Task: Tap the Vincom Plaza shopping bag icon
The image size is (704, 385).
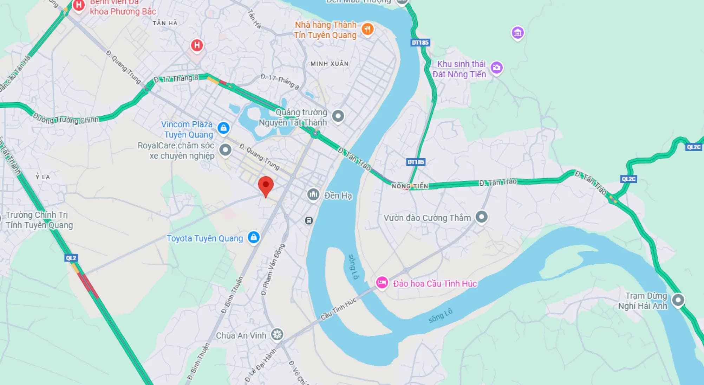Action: [x=223, y=128]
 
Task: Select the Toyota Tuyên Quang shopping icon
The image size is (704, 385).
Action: [x=253, y=237]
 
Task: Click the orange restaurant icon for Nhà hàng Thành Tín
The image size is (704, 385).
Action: [x=367, y=29]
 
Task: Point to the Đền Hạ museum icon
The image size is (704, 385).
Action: [x=313, y=194]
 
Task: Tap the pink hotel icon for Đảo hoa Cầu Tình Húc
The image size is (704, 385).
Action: [x=382, y=282]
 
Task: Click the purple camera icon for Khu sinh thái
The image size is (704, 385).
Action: [x=496, y=67]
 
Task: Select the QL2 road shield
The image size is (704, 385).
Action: [x=71, y=258]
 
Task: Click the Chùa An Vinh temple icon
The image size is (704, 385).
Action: [x=277, y=334]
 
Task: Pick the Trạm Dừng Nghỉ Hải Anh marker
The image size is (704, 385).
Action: [x=678, y=300]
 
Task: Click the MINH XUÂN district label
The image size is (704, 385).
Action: [x=329, y=64]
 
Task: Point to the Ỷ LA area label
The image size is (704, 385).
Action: [x=43, y=177]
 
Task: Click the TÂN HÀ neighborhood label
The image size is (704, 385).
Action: [x=165, y=23]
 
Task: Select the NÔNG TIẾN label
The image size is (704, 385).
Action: [x=410, y=186]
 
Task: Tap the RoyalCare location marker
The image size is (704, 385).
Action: [x=225, y=150]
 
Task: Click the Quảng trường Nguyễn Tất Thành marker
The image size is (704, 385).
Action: [x=338, y=116]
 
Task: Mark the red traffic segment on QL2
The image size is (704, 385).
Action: [x=88, y=285]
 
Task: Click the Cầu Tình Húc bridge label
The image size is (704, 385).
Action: [x=338, y=308]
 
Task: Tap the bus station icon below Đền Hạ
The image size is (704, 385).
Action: [x=308, y=220]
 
